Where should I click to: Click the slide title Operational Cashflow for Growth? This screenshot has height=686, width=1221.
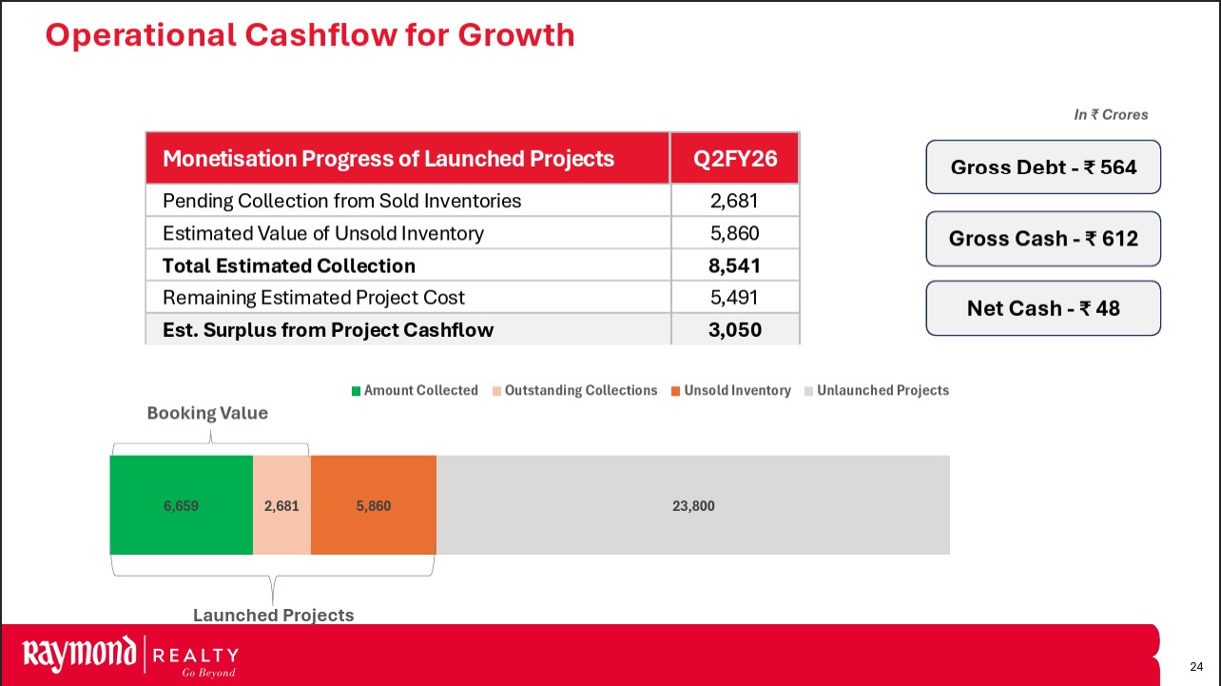click(x=310, y=35)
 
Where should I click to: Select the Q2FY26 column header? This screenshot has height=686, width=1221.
click(x=735, y=159)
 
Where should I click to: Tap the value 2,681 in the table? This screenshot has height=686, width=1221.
click(x=735, y=201)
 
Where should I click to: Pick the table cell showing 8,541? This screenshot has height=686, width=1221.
click(x=735, y=265)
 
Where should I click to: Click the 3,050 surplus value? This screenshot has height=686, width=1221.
click(x=735, y=330)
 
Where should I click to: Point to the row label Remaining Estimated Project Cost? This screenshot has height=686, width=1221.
click(x=314, y=298)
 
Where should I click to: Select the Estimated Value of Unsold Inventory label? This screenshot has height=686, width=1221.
click(x=323, y=233)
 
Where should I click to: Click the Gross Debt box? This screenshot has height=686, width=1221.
click(x=1043, y=167)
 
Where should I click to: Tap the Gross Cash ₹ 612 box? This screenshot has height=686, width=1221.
click(x=1043, y=238)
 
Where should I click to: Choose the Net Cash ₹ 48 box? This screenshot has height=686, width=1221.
click(x=1043, y=308)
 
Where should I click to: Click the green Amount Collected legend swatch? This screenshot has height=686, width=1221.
click(x=357, y=391)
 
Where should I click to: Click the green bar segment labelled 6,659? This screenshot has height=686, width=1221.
click(x=181, y=505)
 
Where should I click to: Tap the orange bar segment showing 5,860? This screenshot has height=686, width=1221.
click(x=373, y=505)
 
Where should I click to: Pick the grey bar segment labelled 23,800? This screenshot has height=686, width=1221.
click(x=693, y=505)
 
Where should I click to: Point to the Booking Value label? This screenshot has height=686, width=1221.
click(x=207, y=414)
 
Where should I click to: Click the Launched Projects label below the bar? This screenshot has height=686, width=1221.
click(x=273, y=616)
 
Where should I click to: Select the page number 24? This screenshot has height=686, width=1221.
click(x=1197, y=664)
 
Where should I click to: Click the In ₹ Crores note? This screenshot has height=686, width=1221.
click(x=1111, y=115)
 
